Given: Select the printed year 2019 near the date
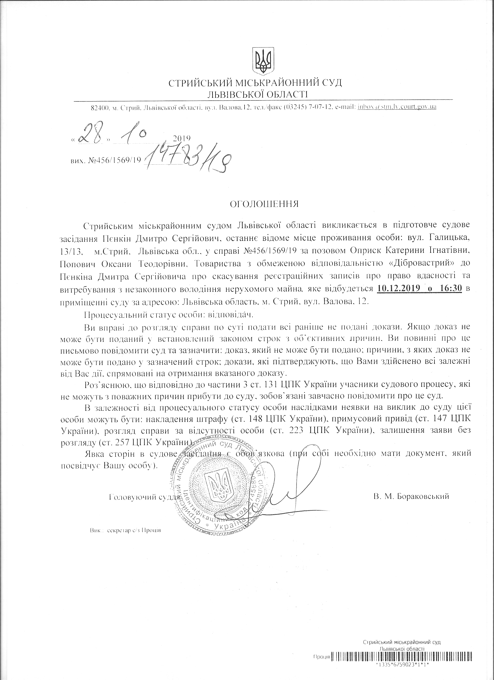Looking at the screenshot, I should coord(182,138).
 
